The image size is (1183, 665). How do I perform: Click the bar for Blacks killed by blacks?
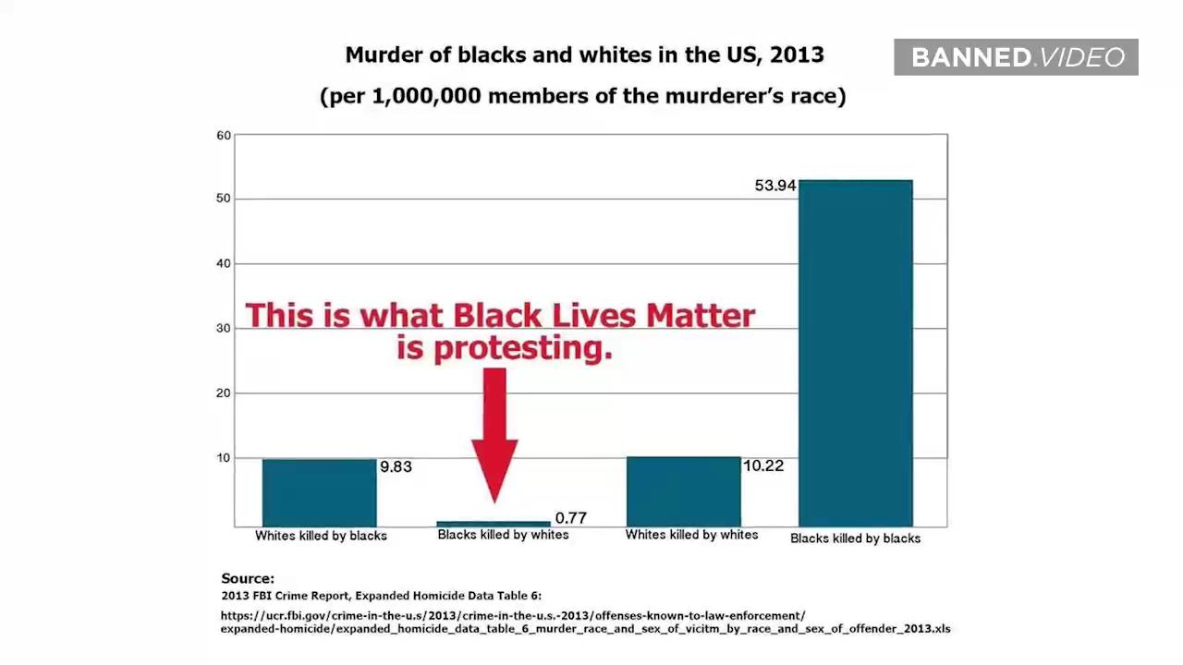point(856,353)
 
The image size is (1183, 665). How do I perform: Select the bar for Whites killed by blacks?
point(320,493)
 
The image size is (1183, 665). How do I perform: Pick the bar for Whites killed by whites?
point(684,491)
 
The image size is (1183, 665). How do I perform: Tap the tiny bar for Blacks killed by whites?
point(494,524)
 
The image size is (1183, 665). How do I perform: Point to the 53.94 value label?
point(774,186)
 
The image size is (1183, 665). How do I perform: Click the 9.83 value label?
point(396,467)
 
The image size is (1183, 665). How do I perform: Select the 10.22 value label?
point(763,466)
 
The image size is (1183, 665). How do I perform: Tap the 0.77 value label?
point(571,518)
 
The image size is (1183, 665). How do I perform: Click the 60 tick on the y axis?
point(224,136)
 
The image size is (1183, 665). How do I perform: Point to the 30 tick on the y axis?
point(224,328)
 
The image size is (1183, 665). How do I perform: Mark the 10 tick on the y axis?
point(224,458)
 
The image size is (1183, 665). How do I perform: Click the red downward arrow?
point(494,435)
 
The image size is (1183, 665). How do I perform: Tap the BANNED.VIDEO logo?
point(1016,57)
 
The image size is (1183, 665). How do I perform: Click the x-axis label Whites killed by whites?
point(692,535)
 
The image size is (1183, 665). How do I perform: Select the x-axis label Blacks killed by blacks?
point(856,538)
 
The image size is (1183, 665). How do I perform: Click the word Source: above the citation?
point(248,578)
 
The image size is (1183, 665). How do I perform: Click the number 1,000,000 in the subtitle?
point(427,96)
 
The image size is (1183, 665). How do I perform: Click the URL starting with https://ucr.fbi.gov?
point(586,623)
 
